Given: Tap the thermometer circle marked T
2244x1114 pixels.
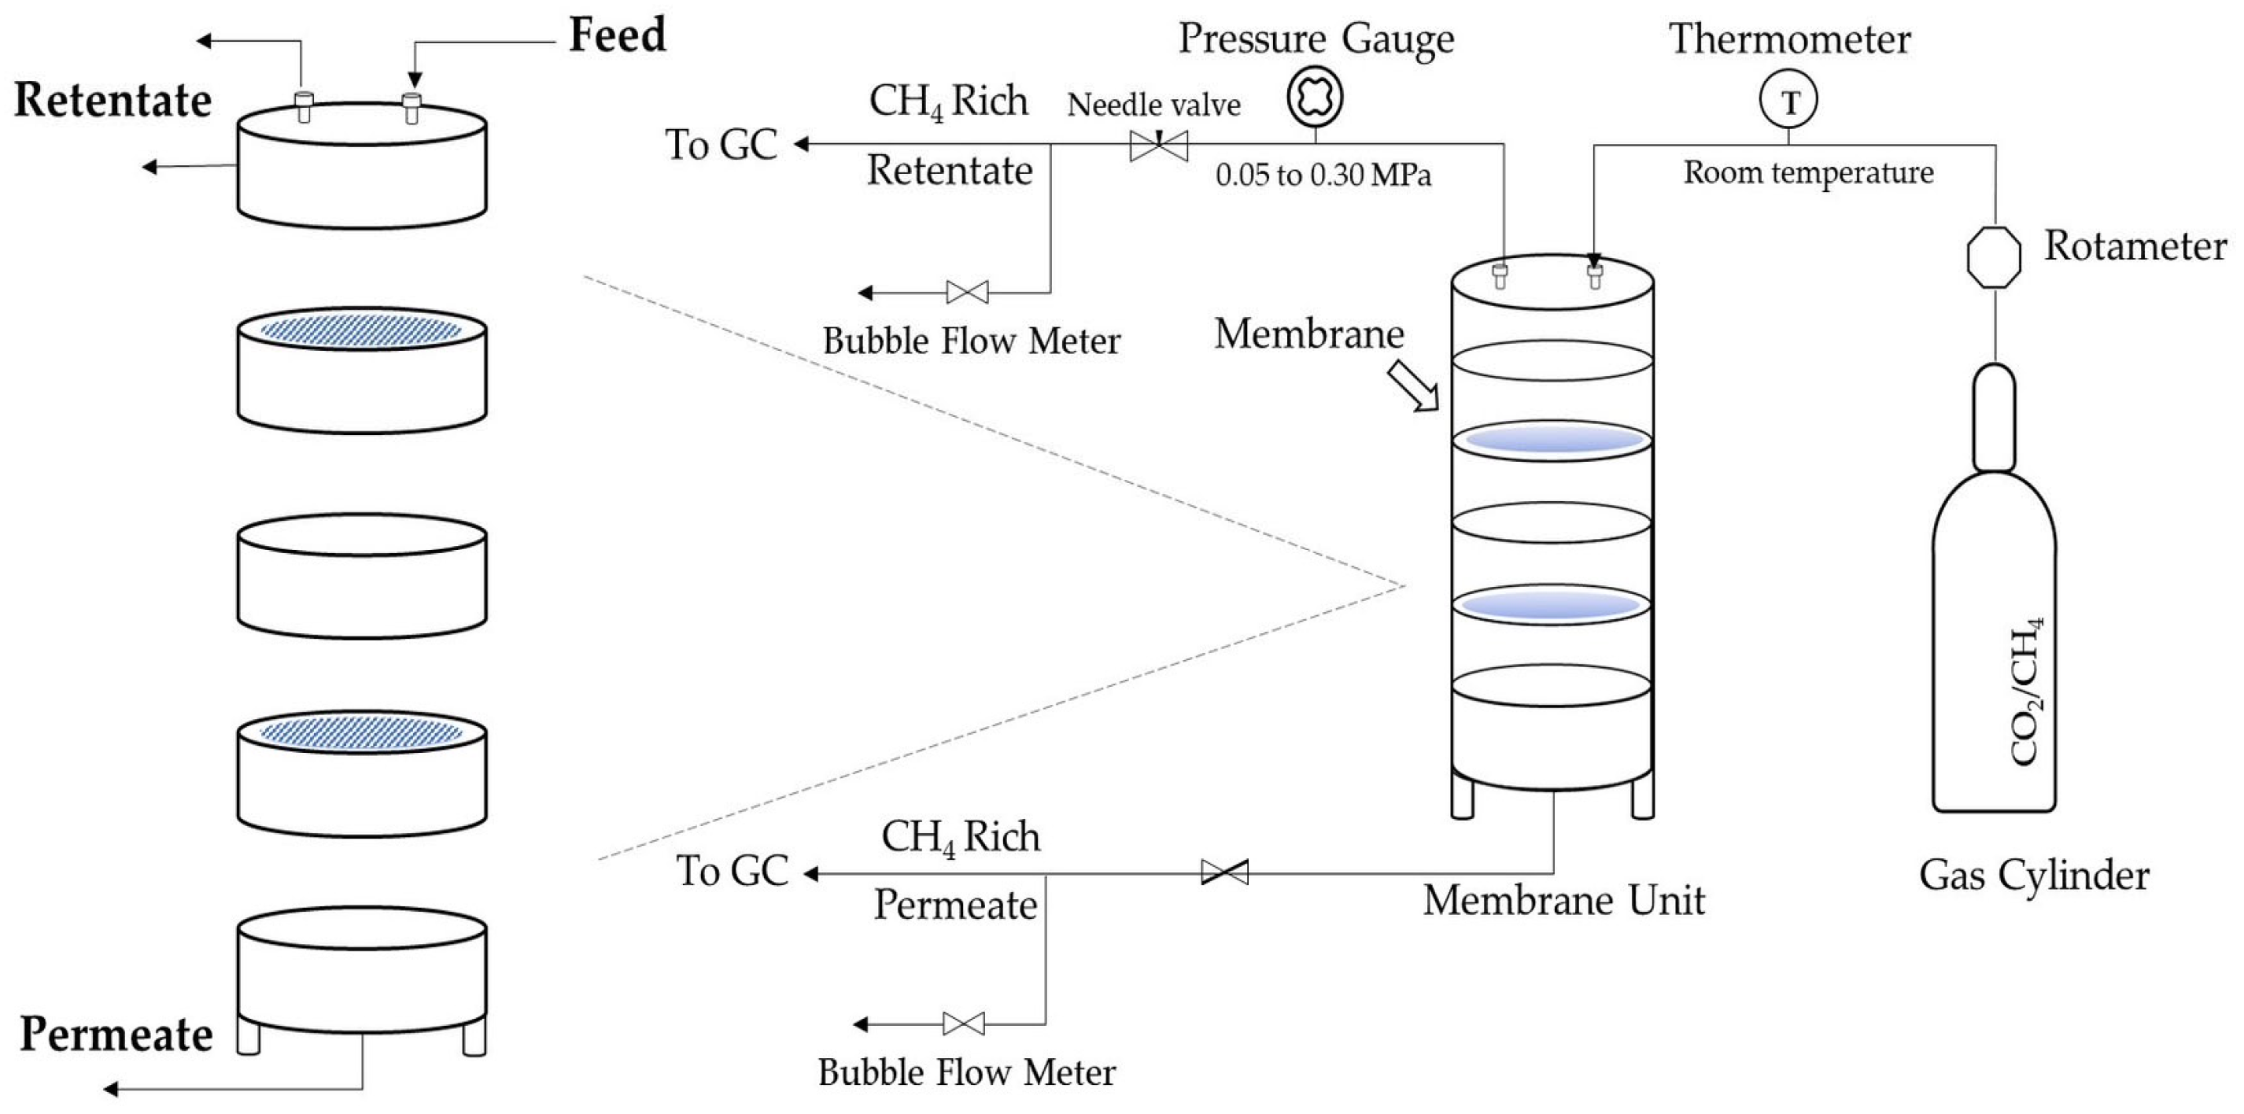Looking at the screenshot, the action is point(1788,100).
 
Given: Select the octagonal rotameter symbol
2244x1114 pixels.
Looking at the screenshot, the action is point(1994,257).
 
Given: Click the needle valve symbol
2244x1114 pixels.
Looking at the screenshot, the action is point(1158,146).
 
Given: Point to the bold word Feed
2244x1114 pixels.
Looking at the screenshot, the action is point(618,35).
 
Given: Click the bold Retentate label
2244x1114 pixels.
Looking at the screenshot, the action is point(113,100).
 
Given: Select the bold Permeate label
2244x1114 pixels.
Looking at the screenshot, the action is point(116,1034).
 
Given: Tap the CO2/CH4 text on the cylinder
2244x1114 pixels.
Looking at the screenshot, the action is point(2026,692).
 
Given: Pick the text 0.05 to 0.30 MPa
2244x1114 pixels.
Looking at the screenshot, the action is point(1323,175).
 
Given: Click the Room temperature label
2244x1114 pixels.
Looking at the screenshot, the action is point(1808,172).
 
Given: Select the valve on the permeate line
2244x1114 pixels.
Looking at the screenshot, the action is point(1225,872).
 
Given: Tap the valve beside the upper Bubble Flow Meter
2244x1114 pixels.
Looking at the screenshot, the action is point(967,292).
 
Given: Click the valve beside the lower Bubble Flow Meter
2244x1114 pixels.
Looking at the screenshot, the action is point(963,1024).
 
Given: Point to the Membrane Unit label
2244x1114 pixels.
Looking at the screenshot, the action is point(1563,900).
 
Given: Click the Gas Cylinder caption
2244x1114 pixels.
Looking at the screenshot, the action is point(2034,876).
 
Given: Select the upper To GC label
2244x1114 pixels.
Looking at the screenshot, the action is point(722,145).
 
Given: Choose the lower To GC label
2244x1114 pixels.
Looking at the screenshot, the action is point(733,871).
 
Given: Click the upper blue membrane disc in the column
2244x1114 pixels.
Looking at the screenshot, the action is point(1552,441).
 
